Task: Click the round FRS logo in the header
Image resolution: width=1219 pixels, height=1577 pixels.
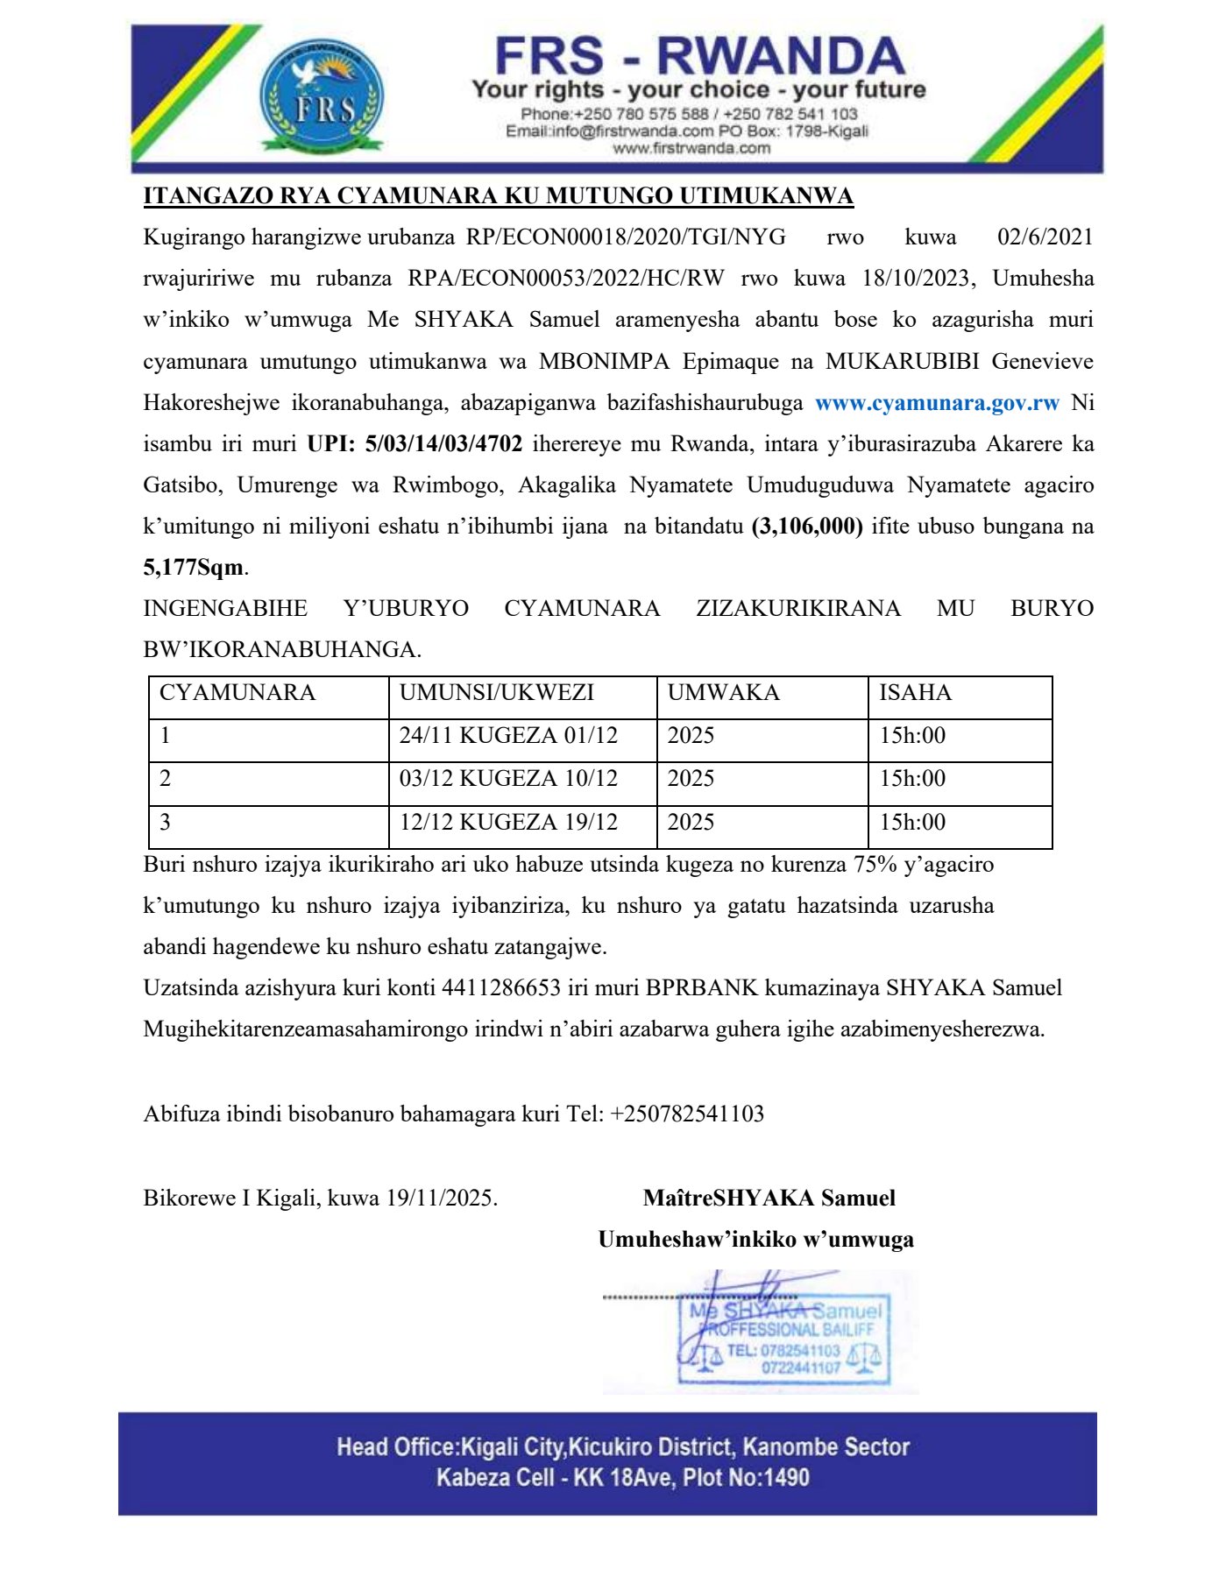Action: pos(322,97)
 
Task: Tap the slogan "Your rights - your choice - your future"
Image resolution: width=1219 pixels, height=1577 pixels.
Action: pos(698,89)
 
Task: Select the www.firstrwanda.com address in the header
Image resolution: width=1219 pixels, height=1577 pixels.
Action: pos(691,149)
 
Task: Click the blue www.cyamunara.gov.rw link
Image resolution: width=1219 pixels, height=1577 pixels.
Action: pos(937,403)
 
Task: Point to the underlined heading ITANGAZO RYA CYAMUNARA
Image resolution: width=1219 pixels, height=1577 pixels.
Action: pos(498,195)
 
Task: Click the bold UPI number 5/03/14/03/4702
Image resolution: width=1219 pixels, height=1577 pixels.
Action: pos(443,444)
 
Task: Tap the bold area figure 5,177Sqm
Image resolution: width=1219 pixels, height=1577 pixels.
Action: pos(194,568)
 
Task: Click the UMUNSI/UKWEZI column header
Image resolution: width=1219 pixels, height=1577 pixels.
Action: pos(497,693)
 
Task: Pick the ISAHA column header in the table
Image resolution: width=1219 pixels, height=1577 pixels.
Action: pos(914,693)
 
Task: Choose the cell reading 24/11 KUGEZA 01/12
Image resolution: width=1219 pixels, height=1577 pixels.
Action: pos(508,736)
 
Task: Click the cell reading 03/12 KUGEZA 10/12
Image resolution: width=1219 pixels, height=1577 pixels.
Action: pos(508,779)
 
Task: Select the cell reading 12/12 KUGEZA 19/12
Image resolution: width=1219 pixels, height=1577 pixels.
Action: pos(508,823)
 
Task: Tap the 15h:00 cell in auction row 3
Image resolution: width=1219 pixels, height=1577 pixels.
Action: pos(912,823)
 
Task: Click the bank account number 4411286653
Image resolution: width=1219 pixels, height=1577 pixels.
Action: pos(501,988)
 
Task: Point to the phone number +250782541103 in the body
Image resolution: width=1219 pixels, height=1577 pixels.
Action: pos(687,1114)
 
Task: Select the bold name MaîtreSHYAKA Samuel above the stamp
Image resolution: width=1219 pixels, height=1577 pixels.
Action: pos(769,1199)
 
